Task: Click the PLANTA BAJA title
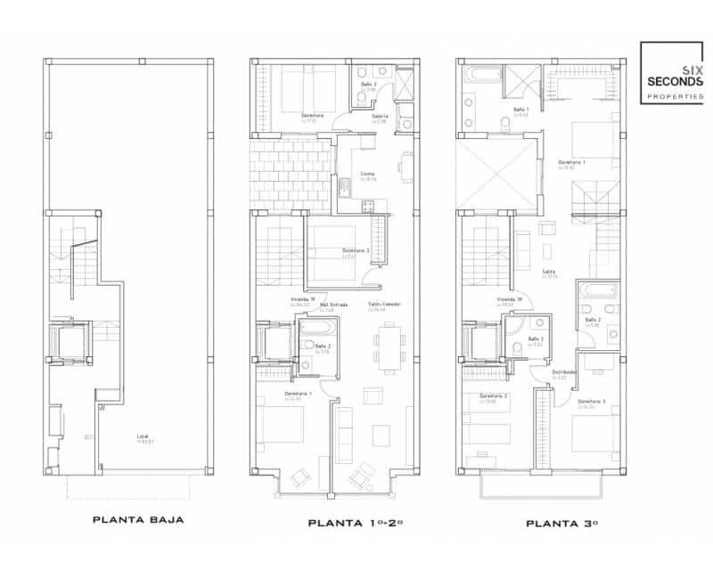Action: coord(138,520)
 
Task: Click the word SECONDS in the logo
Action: coord(676,82)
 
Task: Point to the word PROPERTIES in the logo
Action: coord(676,96)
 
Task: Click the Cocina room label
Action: coord(367,175)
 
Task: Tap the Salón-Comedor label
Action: coord(384,305)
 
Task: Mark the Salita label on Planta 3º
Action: coord(549,273)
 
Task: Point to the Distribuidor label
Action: coord(563,372)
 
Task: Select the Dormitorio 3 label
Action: coord(591,402)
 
